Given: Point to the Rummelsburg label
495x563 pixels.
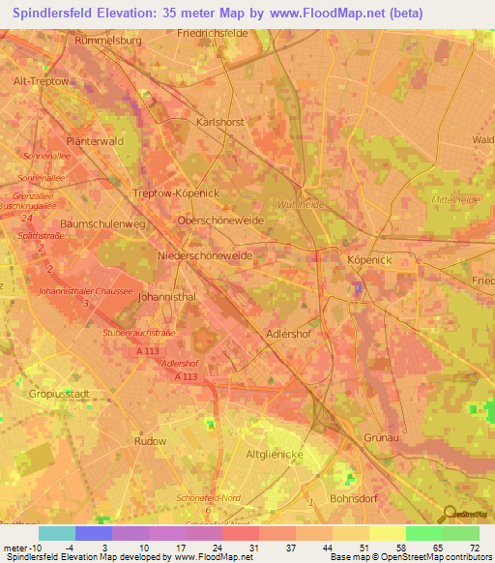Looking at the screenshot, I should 108,43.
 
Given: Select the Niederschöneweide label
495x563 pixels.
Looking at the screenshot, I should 204,255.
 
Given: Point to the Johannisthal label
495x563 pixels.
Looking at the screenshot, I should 167,297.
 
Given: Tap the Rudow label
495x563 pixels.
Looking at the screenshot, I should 150,441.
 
